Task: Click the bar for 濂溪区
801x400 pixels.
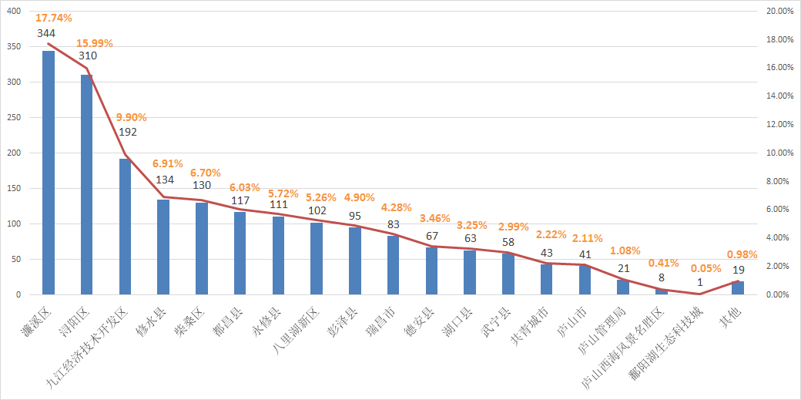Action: tap(48, 173)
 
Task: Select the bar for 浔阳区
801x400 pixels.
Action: tap(86, 185)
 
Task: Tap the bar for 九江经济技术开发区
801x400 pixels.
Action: tap(125, 227)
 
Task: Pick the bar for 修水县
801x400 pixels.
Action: tap(163, 247)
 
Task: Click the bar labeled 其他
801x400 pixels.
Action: tap(737, 287)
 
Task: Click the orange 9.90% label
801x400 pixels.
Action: tap(131, 117)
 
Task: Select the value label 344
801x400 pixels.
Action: tap(46, 34)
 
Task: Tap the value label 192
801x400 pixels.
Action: tap(128, 132)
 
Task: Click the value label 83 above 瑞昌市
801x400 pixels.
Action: tap(393, 224)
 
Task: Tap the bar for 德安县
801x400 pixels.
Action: tap(431, 271)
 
